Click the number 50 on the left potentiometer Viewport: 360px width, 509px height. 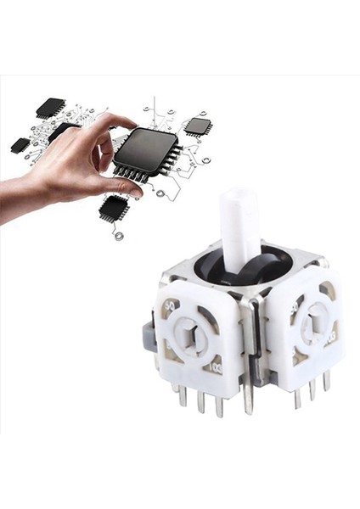172,305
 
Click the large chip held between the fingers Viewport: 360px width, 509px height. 146,153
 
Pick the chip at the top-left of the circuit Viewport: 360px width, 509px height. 51,107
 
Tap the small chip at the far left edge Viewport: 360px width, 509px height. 20,145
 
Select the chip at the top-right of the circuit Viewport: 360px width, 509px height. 198,126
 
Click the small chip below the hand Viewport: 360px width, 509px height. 112,206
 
